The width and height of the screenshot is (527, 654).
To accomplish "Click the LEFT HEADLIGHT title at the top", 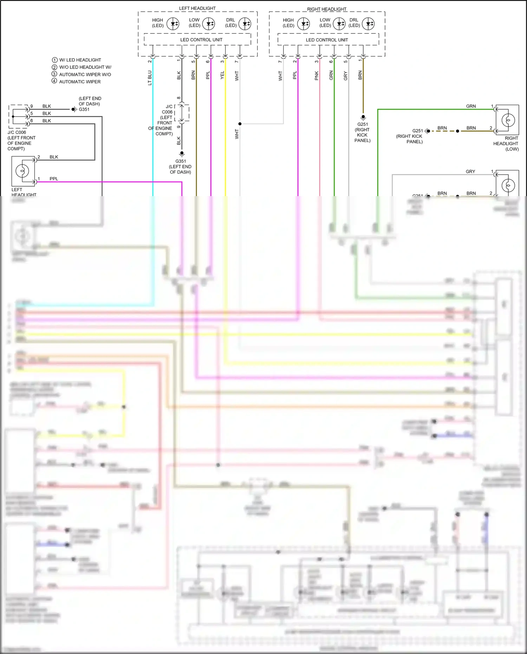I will [197, 8].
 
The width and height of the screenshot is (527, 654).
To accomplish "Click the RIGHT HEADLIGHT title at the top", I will [326, 9].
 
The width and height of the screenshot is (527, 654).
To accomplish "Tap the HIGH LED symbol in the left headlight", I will [173, 24].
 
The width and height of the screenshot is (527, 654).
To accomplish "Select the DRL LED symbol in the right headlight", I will [368, 24].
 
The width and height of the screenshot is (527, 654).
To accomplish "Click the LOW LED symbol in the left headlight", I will [209, 24].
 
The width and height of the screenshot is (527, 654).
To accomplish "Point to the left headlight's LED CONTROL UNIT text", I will [201, 40].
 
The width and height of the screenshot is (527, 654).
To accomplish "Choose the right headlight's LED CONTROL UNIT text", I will [327, 40].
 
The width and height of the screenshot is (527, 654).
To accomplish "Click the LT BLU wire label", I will [150, 78].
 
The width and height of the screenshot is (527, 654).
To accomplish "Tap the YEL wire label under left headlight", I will [222, 75].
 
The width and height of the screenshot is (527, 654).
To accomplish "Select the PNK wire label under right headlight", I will [317, 76].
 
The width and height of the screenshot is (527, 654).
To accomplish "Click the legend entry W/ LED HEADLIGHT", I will [80, 60].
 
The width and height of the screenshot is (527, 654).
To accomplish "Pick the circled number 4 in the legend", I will [54, 81].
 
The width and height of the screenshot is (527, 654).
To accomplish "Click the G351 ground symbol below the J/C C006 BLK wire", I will [182, 154].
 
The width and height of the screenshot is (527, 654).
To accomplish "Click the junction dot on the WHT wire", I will [240, 124].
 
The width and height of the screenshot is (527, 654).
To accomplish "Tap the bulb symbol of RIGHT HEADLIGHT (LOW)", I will [508, 120].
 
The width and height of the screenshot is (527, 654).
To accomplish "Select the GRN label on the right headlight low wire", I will [471, 106].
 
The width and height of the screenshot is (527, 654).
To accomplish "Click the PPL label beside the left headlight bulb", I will [54, 179].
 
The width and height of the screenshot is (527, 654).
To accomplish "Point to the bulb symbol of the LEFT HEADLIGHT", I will [22, 171].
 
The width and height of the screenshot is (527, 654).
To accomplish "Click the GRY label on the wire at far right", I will [470, 171].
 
